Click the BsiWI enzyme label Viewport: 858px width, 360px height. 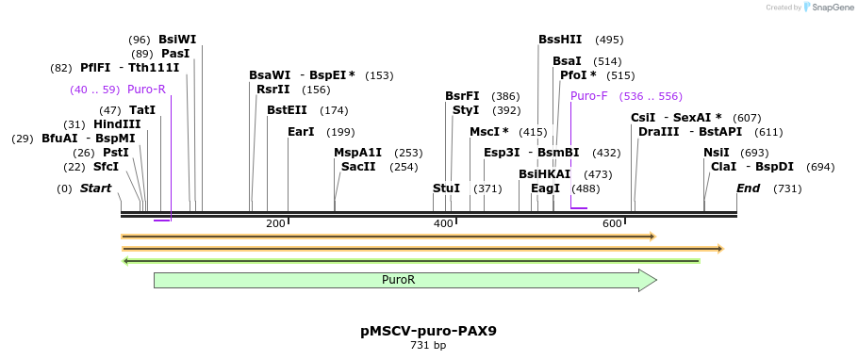(177, 40)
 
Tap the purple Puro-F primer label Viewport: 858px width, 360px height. (588, 96)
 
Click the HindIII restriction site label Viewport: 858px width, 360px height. (117, 124)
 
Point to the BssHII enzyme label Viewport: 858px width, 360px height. (560, 40)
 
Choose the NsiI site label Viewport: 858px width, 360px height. (716, 153)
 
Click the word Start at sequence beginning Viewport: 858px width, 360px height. (95, 188)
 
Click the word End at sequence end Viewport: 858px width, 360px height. (748, 188)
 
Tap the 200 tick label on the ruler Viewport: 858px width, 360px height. (275, 223)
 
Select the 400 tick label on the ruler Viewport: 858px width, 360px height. (443, 223)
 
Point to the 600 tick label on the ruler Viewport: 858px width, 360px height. (612, 223)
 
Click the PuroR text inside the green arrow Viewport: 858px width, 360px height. (398, 280)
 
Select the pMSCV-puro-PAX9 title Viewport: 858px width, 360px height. (428, 331)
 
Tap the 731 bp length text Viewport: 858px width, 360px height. (428, 346)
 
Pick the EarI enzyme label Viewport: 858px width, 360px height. (301, 132)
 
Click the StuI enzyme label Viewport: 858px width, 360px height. (446, 188)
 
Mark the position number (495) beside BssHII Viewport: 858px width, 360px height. (609, 40)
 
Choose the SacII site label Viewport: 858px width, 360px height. (358, 167)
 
